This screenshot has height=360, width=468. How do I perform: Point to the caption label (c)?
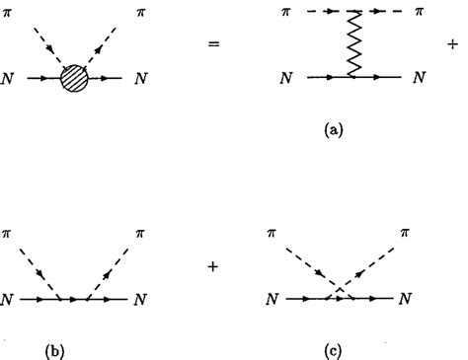340,348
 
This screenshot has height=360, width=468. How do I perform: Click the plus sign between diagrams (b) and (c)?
213,265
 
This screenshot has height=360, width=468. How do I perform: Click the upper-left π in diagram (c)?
272,233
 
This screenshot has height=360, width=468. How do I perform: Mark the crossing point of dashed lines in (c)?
340,289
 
